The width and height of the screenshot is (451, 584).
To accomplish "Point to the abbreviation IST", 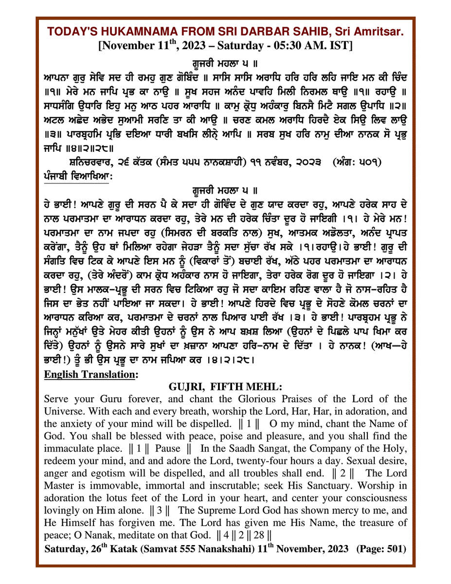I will tap(344, 45).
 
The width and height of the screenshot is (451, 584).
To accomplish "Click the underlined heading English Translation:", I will tap(90, 375).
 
